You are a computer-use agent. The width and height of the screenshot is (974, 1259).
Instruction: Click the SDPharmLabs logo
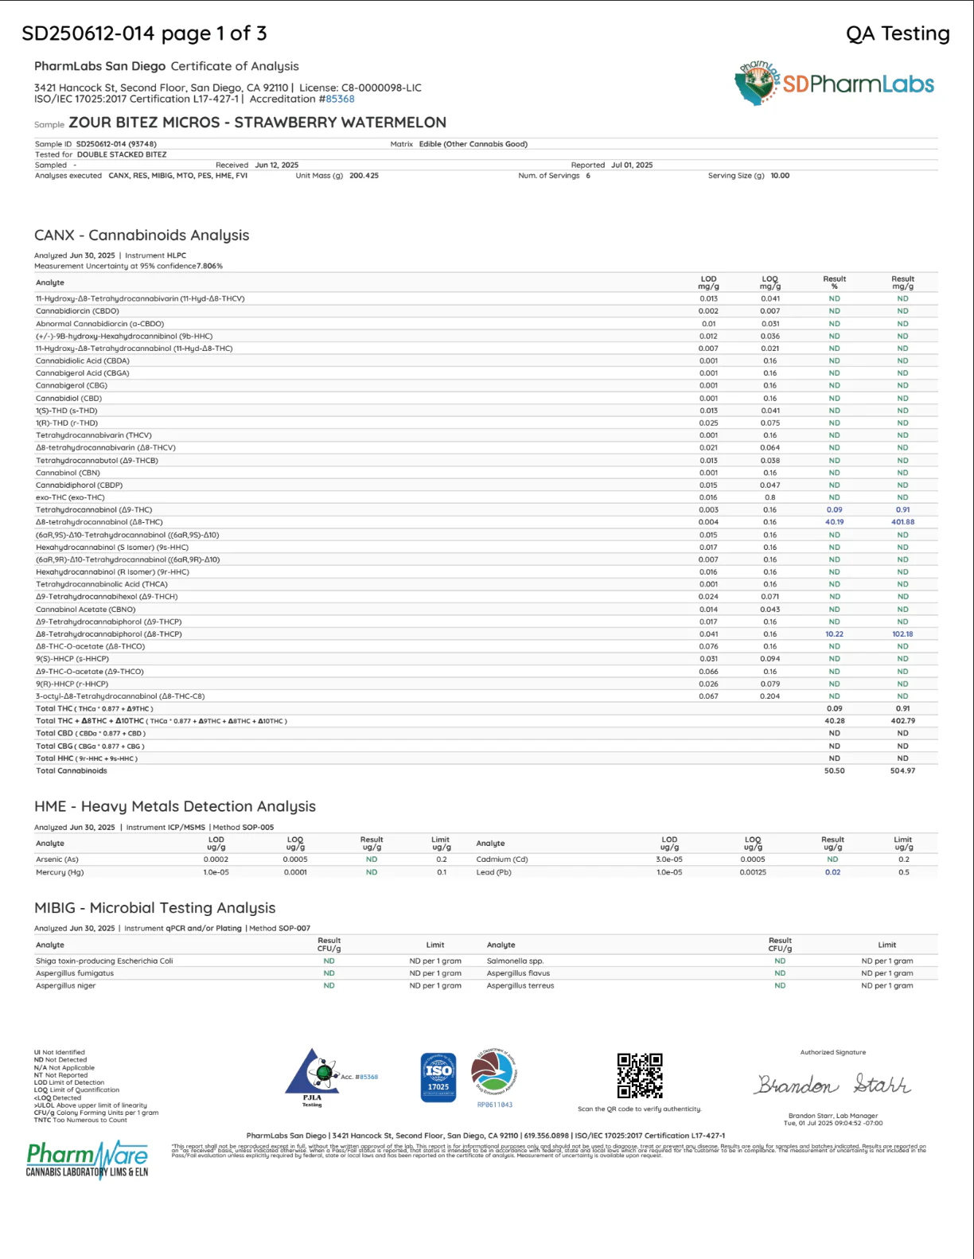point(834,84)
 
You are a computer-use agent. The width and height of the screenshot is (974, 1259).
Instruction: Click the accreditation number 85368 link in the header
point(340,99)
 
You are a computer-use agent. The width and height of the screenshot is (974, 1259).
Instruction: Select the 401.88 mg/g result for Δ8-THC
point(902,522)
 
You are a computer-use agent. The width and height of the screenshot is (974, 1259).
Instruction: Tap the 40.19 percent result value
point(834,522)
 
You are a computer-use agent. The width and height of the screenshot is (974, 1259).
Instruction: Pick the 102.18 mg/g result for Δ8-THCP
point(902,634)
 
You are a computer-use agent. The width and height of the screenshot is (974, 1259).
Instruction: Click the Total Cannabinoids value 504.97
point(902,770)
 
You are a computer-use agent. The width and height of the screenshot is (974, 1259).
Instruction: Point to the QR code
point(640,1075)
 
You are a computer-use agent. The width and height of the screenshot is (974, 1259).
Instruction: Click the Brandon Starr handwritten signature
point(832,1084)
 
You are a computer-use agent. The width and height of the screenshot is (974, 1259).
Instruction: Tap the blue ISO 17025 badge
point(438,1077)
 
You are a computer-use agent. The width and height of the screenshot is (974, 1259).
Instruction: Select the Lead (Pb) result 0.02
point(832,872)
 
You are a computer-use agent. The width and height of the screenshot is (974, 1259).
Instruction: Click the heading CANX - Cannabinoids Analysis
point(142,235)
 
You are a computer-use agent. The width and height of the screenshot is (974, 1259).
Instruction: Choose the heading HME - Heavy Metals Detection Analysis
point(175,806)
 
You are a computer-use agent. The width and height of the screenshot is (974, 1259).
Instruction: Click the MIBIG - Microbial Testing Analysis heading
point(155,908)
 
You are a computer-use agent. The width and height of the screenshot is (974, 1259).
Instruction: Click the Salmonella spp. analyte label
point(515,961)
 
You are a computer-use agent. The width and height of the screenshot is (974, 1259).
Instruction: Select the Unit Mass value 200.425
point(364,176)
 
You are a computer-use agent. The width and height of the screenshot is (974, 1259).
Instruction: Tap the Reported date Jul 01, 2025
point(632,166)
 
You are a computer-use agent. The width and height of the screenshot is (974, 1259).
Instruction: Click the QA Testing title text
point(898,33)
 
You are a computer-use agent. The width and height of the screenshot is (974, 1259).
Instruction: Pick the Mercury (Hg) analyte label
point(60,872)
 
